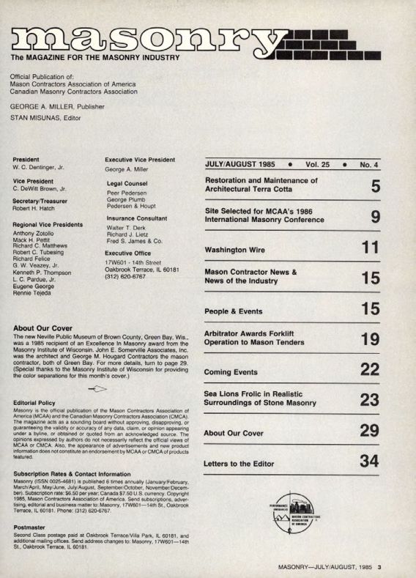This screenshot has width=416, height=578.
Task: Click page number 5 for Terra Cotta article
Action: click(375, 186)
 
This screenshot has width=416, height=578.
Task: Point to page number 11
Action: click(371, 248)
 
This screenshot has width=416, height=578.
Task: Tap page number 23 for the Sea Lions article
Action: click(370, 399)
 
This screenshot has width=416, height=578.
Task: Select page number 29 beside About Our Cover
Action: click(370, 431)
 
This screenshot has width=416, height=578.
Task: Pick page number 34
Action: click(370, 462)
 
